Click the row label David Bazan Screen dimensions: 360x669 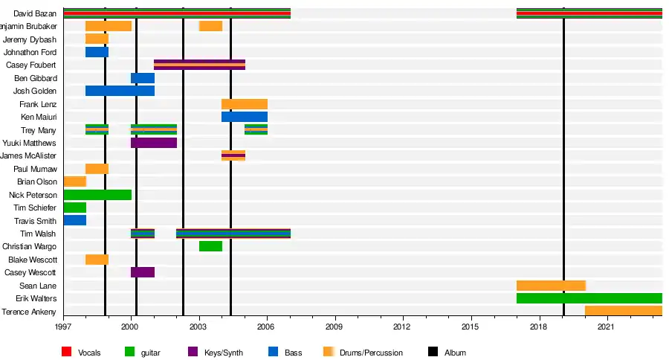point(35,13)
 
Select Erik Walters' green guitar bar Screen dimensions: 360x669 point(589,298)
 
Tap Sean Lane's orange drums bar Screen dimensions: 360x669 point(551,286)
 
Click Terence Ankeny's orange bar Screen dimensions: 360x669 point(623,311)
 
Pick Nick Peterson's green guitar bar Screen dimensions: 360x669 point(97,195)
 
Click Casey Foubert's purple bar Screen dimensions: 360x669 point(199,65)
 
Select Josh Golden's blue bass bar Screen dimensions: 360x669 point(120,91)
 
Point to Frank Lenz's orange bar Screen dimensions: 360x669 point(244,104)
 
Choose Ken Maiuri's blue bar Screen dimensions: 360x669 point(244,117)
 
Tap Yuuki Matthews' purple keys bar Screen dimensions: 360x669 point(154,143)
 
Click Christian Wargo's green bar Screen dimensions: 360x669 point(210,246)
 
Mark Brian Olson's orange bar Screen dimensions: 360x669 point(74,181)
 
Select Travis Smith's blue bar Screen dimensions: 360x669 point(74,221)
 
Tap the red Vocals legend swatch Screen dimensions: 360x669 point(66,352)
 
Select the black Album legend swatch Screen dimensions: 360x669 point(433,352)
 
